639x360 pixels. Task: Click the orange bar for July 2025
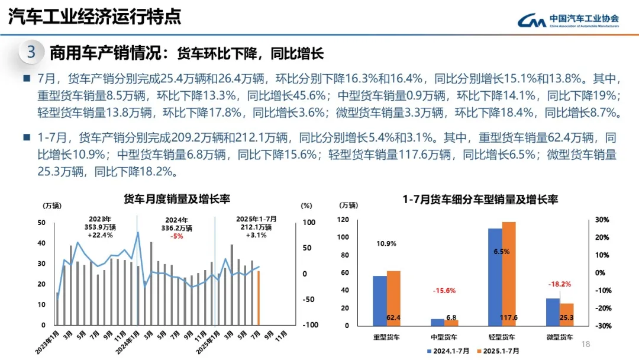pos(258,298)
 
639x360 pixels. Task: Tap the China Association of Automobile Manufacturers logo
pos(569,21)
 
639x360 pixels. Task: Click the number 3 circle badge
pos(31,52)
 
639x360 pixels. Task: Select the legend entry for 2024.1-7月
pos(448,351)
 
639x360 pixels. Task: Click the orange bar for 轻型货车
pos(509,274)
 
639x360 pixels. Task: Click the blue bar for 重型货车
pos(379,300)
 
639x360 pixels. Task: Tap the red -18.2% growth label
pos(559,284)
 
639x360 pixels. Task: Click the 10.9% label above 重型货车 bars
pos(386,243)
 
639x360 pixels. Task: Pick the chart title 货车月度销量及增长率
pos(176,199)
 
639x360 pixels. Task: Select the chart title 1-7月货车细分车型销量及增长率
pos(480,200)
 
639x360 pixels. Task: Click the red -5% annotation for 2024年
pos(176,236)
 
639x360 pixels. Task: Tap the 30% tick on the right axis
pos(602,220)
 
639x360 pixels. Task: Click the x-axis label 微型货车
pos(560,337)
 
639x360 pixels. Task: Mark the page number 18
pos(586,345)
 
